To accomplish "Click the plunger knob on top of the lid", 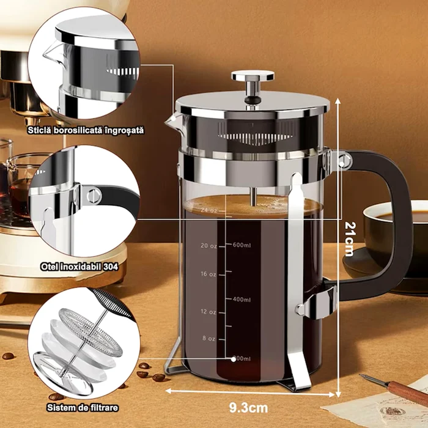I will pyautogui.click(x=252, y=77).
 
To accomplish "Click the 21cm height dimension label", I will pyautogui.click(x=349, y=238).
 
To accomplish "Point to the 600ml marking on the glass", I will pyautogui.click(x=242, y=245).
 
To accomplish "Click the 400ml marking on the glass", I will pyautogui.click(x=242, y=300).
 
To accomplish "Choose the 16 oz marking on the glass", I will pyautogui.click(x=208, y=274).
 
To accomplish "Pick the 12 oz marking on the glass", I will pyautogui.click(x=208, y=311).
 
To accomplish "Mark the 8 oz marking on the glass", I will pyautogui.click(x=210, y=338).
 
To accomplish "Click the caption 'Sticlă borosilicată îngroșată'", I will pyautogui.click(x=84, y=130).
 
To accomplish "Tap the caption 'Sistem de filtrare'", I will pyautogui.click(x=83, y=407).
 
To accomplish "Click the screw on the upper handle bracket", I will pyautogui.click(x=344, y=160).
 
